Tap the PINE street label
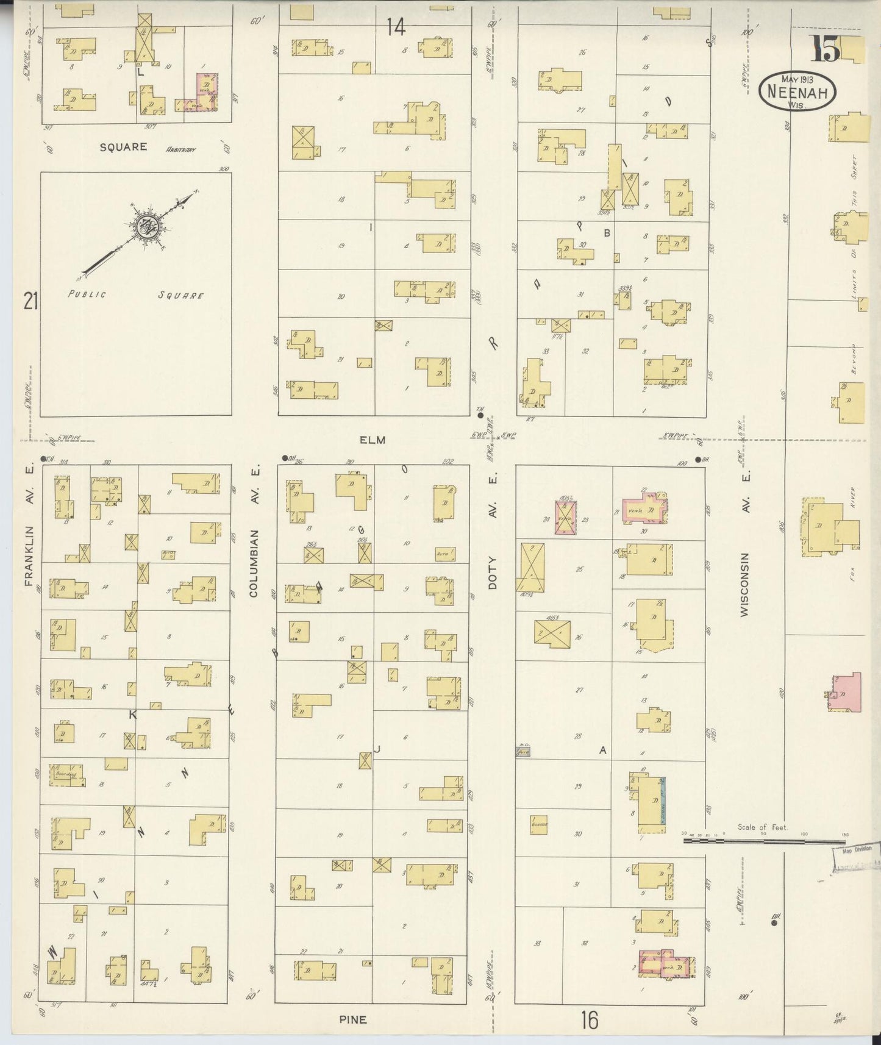click(353, 1019)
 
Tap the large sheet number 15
click(824, 49)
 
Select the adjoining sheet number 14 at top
click(396, 27)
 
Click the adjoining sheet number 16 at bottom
click(589, 1019)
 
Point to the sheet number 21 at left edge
click(30, 301)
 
